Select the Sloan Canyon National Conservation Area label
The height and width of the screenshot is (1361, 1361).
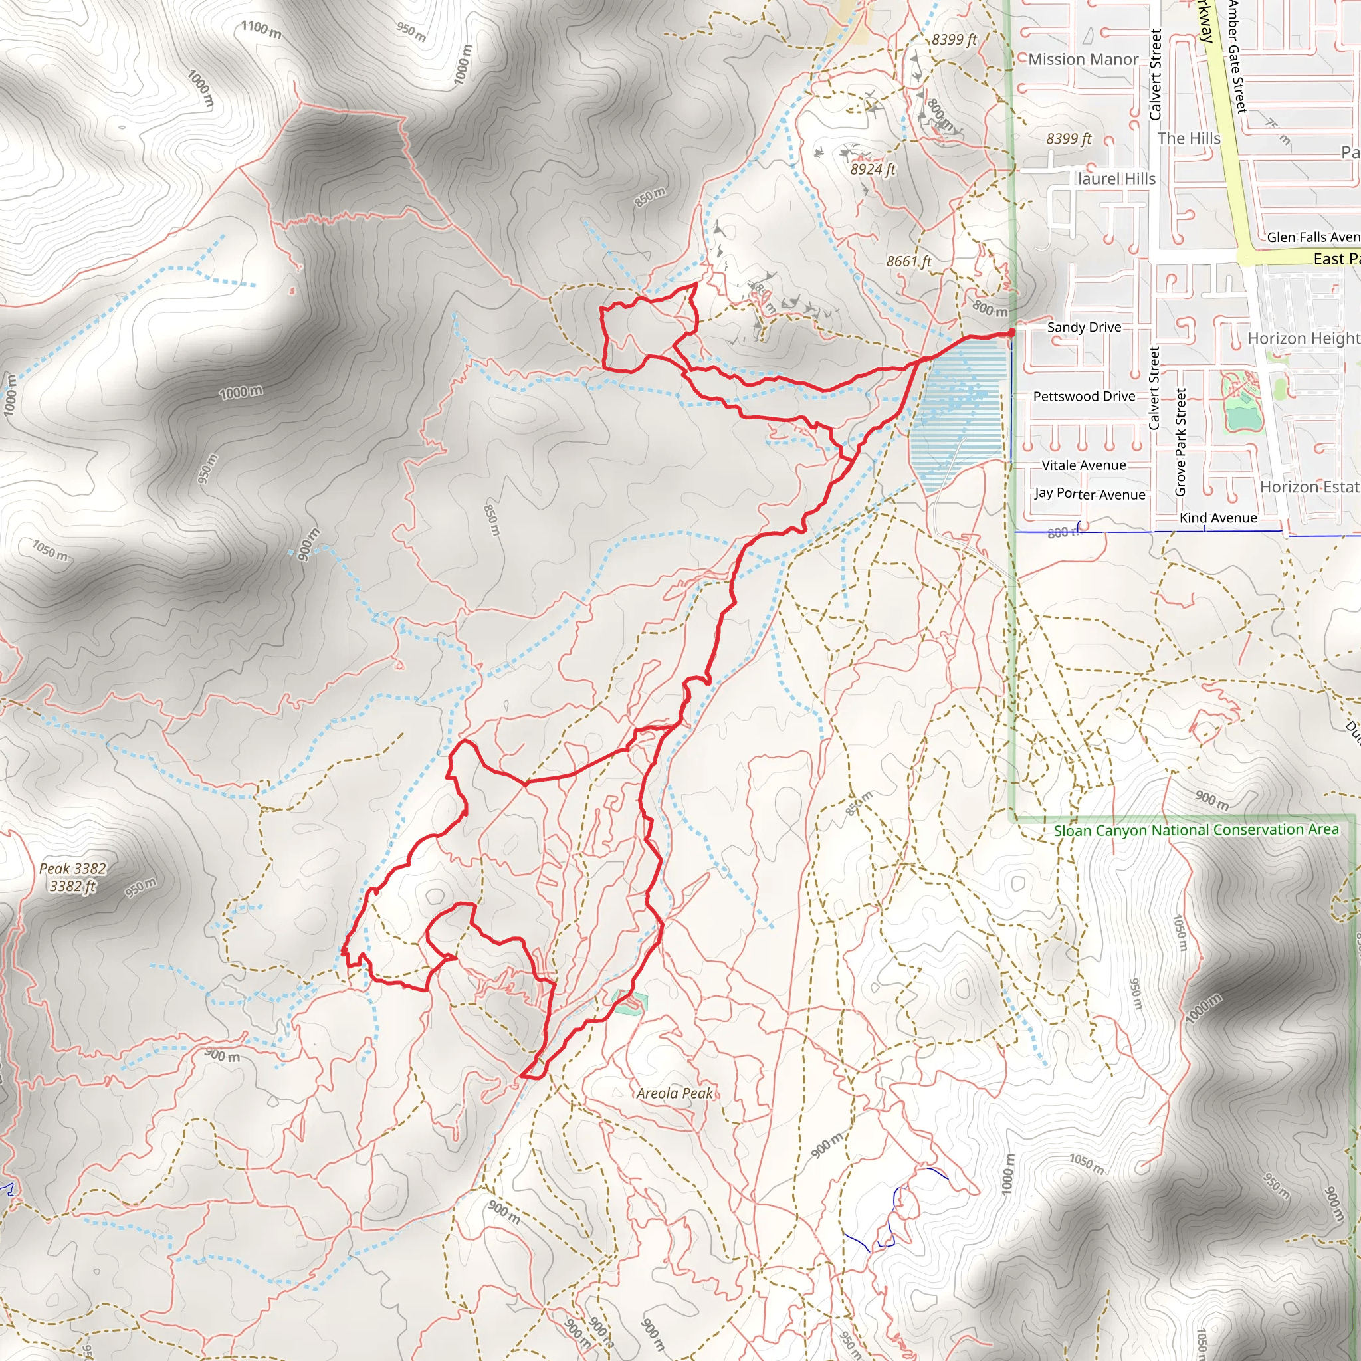click(x=1196, y=830)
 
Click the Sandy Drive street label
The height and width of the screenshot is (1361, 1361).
click(x=1083, y=327)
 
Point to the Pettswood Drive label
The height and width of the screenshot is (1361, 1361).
click(x=1083, y=397)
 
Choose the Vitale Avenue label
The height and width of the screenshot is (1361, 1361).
click(x=1083, y=465)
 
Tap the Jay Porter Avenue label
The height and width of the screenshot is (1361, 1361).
click(x=1089, y=494)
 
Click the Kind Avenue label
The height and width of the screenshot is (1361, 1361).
click(x=1218, y=518)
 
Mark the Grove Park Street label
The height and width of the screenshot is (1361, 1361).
click(x=1181, y=442)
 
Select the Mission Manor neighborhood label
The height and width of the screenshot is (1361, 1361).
click(x=1083, y=59)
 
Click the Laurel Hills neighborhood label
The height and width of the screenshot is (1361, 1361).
click(x=1116, y=179)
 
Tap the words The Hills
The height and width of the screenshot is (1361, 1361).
click(x=1188, y=138)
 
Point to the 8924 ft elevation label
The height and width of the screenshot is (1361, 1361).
click(x=872, y=169)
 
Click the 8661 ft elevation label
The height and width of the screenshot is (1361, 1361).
click(x=908, y=261)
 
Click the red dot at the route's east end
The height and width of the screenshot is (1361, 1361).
click(x=1011, y=332)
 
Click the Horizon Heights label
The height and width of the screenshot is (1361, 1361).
click(x=1303, y=338)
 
